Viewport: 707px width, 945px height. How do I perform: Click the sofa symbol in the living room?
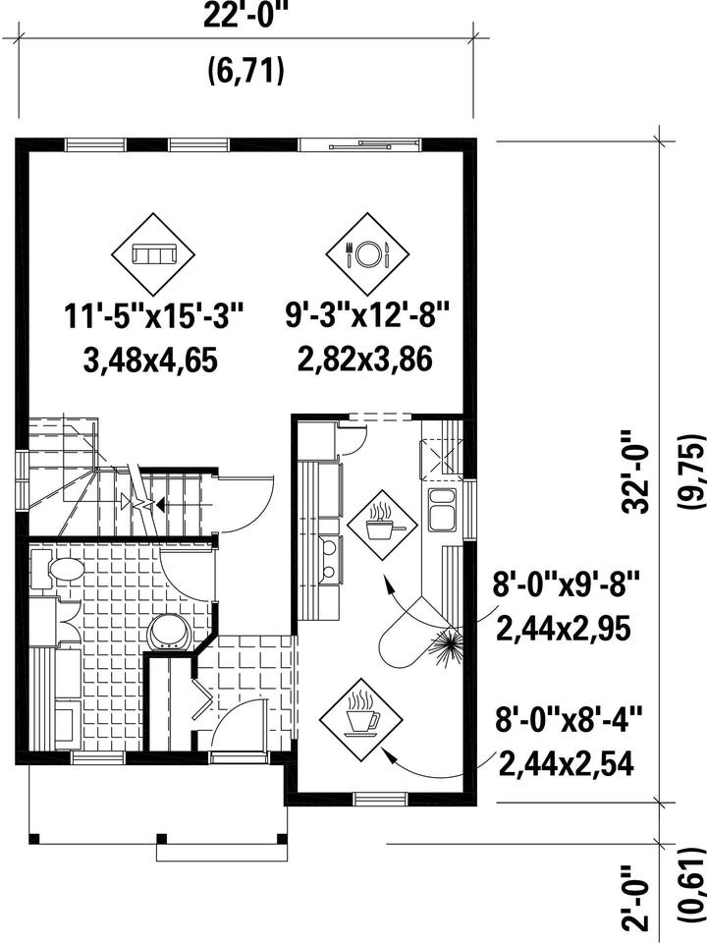(153, 254)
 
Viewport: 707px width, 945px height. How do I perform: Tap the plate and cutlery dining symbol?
(367, 253)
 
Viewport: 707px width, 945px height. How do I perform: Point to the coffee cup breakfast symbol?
(360, 716)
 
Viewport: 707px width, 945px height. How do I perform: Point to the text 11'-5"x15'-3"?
(154, 317)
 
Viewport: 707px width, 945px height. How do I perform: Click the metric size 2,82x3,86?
(365, 360)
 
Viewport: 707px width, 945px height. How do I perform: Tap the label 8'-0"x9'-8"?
(566, 584)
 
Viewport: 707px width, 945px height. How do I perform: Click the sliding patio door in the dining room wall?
(360, 144)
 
